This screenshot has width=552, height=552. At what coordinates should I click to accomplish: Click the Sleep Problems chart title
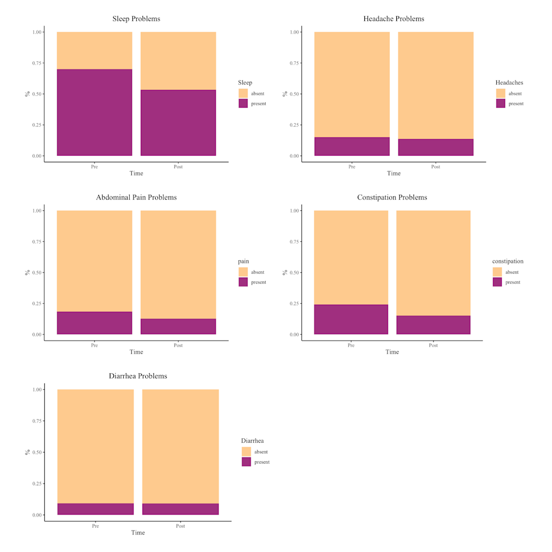pos(136,19)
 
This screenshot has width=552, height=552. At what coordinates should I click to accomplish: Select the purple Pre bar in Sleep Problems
pos(94,113)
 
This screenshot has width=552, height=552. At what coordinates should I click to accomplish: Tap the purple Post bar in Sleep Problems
pos(178,123)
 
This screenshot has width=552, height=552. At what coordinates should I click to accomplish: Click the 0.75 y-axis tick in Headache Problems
pos(295,63)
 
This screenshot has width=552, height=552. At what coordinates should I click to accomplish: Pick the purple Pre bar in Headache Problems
pos(352,146)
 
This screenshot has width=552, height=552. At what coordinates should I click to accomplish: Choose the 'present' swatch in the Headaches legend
pos(501,103)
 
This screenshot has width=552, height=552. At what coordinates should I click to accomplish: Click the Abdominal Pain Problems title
pos(136,197)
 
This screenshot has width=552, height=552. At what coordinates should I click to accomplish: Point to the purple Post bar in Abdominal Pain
pos(178,326)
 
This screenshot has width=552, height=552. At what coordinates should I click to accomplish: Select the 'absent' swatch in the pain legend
pos(243,272)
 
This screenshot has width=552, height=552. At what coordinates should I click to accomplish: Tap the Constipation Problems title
pos(392,197)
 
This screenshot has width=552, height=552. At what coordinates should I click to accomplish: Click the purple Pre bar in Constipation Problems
pos(351,319)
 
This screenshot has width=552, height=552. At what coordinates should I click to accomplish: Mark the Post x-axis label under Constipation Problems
pos(433,346)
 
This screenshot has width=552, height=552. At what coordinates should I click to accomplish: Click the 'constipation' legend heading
pos(508,261)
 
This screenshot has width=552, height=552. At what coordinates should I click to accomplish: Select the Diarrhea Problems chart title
pos(137,376)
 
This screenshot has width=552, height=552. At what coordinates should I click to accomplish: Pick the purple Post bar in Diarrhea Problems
pos(181,509)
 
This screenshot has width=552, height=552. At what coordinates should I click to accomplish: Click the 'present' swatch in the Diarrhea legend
pos(246,461)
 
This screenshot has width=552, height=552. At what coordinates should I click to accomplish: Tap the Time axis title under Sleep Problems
pos(136,173)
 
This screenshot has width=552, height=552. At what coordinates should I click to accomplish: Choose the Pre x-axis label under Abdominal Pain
pos(94,346)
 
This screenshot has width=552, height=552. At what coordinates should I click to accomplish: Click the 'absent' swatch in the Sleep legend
pos(243,93)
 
